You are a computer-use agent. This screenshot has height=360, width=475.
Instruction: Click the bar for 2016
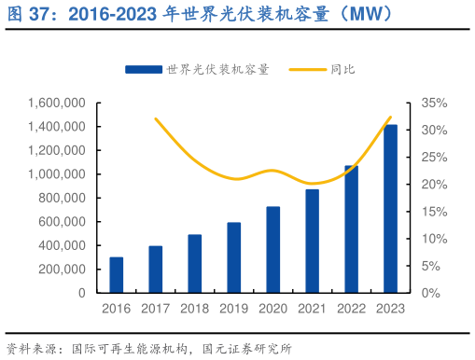(x=116, y=275)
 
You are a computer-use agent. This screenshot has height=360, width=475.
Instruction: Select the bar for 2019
(x=234, y=257)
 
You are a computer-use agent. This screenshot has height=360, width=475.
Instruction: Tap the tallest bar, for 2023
(x=390, y=209)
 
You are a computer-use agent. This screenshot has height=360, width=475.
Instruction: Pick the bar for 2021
(x=312, y=241)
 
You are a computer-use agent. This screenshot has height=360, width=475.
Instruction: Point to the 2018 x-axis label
(x=195, y=309)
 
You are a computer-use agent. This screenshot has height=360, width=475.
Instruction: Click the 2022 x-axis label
(x=352, y=309)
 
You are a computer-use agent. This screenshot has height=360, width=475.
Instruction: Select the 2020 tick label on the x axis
(x=273, y=309)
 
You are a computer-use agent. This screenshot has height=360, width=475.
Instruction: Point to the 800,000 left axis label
(x=63, y=198)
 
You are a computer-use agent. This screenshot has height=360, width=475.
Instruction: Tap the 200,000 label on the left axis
(x=63, y=270)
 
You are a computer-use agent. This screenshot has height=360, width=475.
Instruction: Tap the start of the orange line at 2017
(x=155, y=118)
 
